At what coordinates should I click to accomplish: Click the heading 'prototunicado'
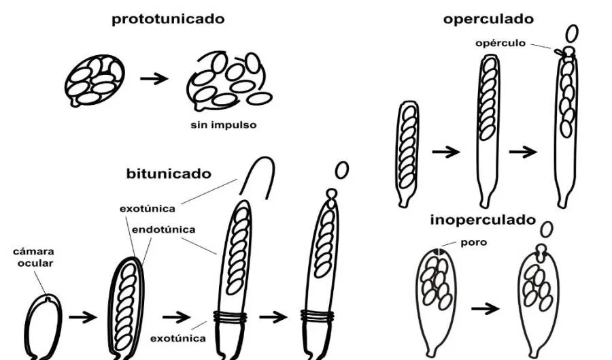[168, 19]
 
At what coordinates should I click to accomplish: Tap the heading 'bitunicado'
[169, 174]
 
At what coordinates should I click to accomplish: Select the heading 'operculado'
[488, 19]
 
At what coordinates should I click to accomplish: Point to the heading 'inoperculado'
[483, 220]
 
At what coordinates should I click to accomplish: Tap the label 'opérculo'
[501, 43]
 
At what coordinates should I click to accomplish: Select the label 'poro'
[474, 243]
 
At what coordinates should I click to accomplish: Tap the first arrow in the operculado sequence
[446, 152]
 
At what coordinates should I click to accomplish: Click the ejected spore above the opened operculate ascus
[573, 33]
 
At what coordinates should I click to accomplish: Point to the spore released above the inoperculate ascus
[545, 229]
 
